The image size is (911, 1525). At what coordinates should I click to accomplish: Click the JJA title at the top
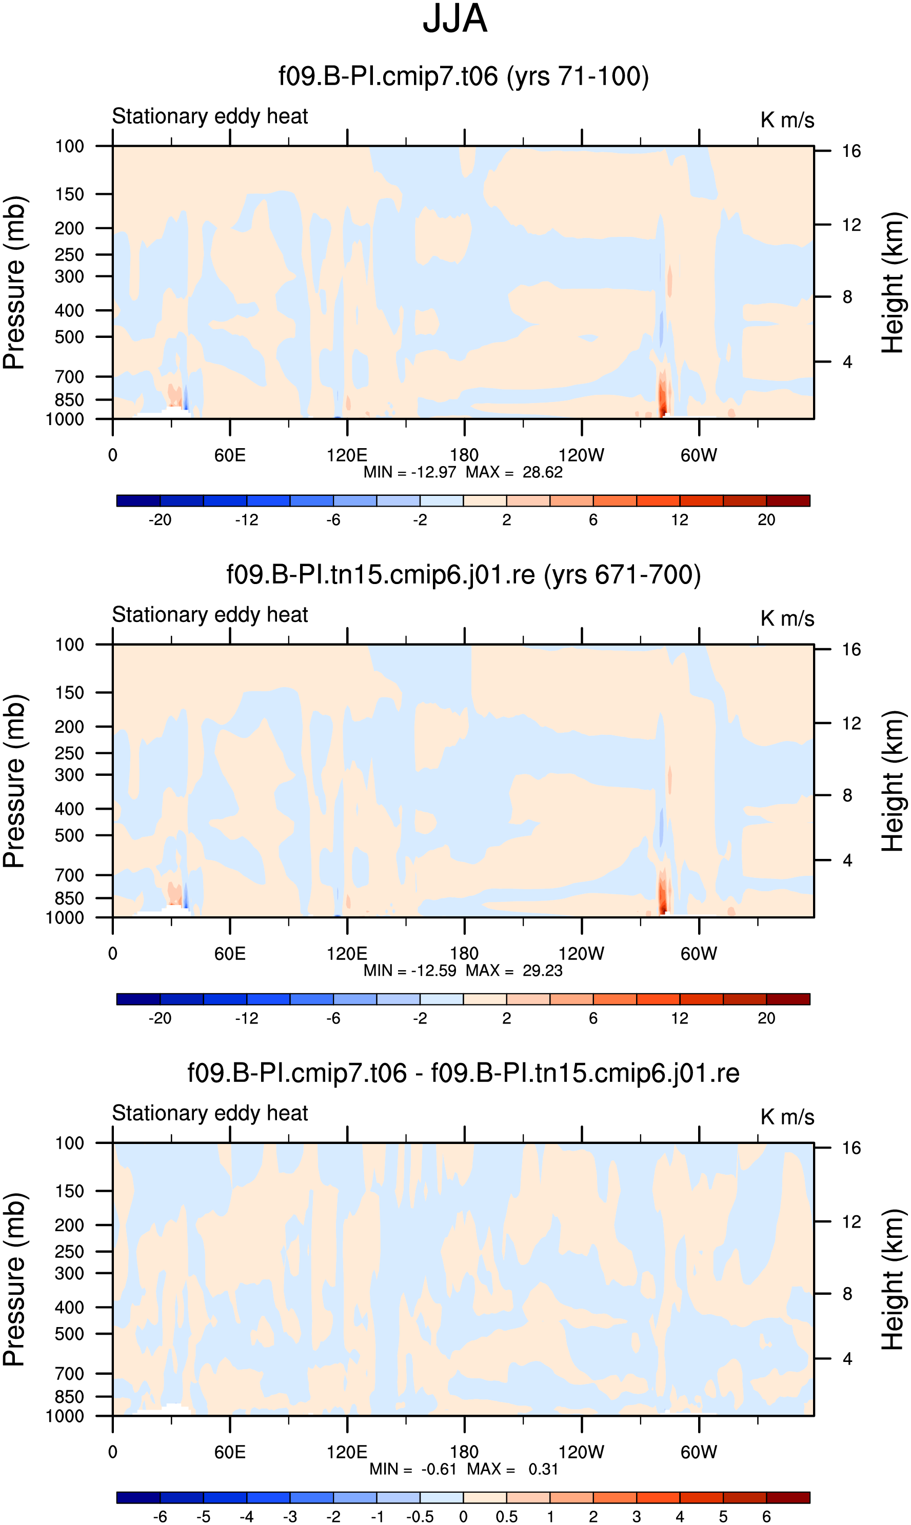click(455, 18)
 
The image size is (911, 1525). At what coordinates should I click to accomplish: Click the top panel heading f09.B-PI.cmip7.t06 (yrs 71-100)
click(464, 76)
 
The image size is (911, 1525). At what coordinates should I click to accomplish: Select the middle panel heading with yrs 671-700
click(464, 575)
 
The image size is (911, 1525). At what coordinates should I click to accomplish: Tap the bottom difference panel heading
click(464, 1073)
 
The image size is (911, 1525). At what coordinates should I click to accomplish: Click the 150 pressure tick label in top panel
click(69, 194)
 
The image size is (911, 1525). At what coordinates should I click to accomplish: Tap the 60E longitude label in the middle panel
click(230, 954)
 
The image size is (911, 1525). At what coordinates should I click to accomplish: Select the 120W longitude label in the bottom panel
click(581, 1452)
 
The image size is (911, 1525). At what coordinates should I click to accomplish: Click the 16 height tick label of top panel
click(851, 151)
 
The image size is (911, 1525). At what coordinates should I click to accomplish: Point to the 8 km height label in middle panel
click(847, 795)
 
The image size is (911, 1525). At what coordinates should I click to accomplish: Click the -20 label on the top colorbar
click(160, 520)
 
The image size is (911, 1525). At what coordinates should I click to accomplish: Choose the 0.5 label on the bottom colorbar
click(506, 1517)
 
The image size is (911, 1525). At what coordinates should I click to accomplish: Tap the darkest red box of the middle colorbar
click(788, 999)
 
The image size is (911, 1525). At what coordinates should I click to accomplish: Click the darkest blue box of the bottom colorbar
click(138, 1498)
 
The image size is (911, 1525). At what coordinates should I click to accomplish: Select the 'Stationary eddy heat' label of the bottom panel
click(210, 1113)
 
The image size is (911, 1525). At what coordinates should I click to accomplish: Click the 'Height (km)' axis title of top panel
click(893, 283)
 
